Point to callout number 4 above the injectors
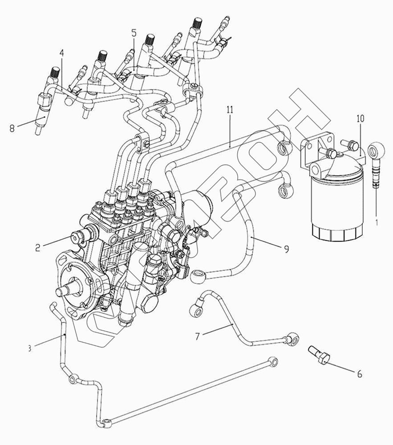[61, 53]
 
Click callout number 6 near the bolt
[360, 374]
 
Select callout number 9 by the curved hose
[286, 248]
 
